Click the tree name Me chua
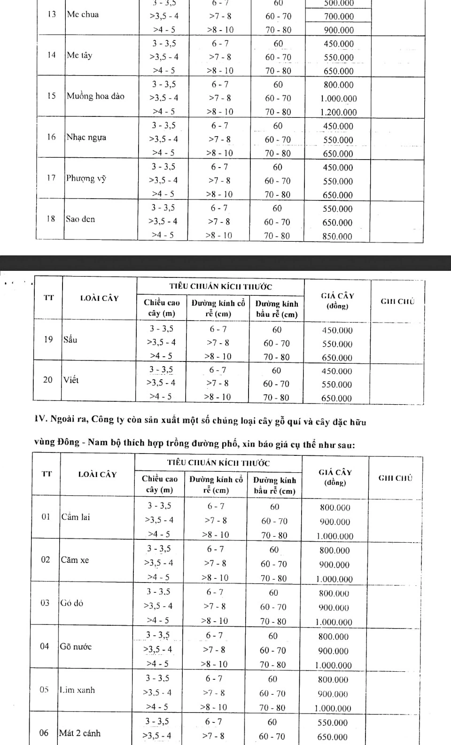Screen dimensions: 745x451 [x=83, y=15]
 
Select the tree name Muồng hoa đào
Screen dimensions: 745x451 [x=95, y=96]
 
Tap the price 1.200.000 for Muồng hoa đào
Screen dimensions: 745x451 [x=338, y=112]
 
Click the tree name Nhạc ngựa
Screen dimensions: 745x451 [x=86, y=138]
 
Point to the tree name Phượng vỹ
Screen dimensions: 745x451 [x=86, y=178]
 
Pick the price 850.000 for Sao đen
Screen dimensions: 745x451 [x=337, y=237]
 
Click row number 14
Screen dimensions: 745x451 [x=51, y=55]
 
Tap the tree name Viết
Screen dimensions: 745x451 [x=71, y=380]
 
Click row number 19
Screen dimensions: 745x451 [x=48, y=339]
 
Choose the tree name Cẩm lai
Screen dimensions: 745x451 [x=75, y=517]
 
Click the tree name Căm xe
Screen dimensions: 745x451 [x=75, y=560]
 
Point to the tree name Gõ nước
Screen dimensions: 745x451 [x=75, y=647]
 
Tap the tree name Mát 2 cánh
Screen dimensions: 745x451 [x=79, y=733]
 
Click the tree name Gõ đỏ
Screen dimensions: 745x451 [x=71, y=603]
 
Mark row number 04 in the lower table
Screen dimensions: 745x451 [x=44, y=647]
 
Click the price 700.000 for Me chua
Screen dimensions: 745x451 [x=339, y=16]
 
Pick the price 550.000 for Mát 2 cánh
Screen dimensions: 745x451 [x=333, y=723]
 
